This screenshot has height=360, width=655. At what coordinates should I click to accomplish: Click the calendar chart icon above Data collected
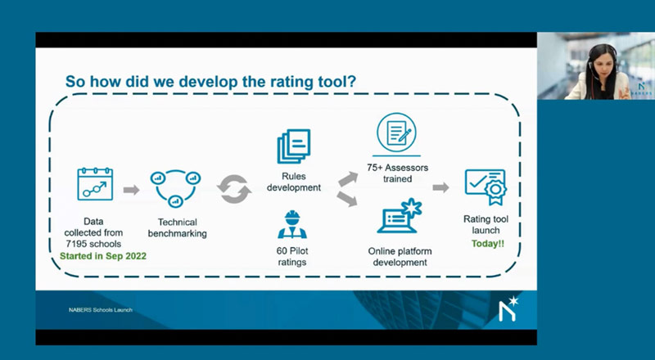94,185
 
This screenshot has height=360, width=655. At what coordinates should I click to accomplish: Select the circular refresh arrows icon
234,190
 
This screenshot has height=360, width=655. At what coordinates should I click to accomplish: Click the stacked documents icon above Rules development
295,147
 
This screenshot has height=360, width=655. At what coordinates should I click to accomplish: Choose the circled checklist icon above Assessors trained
396,132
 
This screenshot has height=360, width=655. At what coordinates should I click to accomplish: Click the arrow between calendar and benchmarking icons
130,190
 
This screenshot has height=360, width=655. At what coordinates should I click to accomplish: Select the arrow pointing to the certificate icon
441,187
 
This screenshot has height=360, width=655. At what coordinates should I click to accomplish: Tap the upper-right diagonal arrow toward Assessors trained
348,177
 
